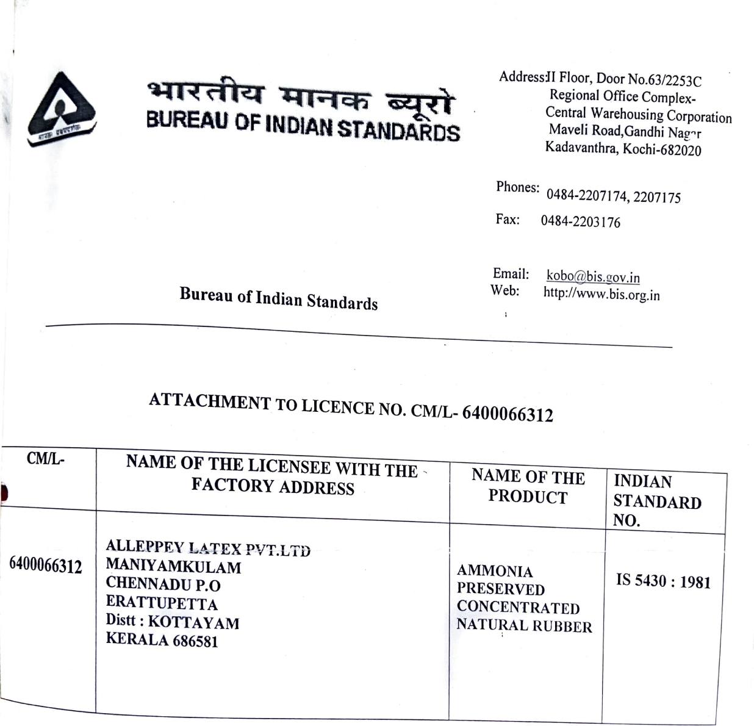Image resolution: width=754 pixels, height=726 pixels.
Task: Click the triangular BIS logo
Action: [61, 109]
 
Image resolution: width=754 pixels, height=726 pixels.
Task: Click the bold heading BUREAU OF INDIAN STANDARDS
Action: [303, 126]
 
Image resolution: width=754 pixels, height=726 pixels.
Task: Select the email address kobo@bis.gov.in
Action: [592, 276]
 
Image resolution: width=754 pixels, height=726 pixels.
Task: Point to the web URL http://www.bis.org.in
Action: [601, 294]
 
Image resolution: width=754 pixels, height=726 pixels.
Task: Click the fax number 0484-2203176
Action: [580, 221]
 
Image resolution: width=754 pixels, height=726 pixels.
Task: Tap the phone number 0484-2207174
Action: [586, 195]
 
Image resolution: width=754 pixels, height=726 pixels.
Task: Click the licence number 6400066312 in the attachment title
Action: [508, 414]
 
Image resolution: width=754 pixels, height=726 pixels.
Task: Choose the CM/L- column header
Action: [45, 459]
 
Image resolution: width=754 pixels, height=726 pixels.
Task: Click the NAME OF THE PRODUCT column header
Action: [528, 486]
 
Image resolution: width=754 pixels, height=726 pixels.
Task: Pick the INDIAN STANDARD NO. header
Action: [656, 501]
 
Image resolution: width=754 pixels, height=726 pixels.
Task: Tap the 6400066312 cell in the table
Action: [45, 566]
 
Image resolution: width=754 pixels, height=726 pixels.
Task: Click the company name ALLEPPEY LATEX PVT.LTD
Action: [207, 548]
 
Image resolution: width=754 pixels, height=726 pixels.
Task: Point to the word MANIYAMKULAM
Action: [173, 566]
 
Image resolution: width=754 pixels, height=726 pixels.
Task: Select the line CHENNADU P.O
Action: [163, 584]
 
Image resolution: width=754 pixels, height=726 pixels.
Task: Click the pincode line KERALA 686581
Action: [162, 639]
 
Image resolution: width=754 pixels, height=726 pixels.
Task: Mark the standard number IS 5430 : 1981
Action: [663, 581]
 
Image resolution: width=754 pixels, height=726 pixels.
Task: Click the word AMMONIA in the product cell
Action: [495, 571]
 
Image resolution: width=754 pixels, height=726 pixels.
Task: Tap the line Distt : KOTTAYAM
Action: [172, 621]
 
